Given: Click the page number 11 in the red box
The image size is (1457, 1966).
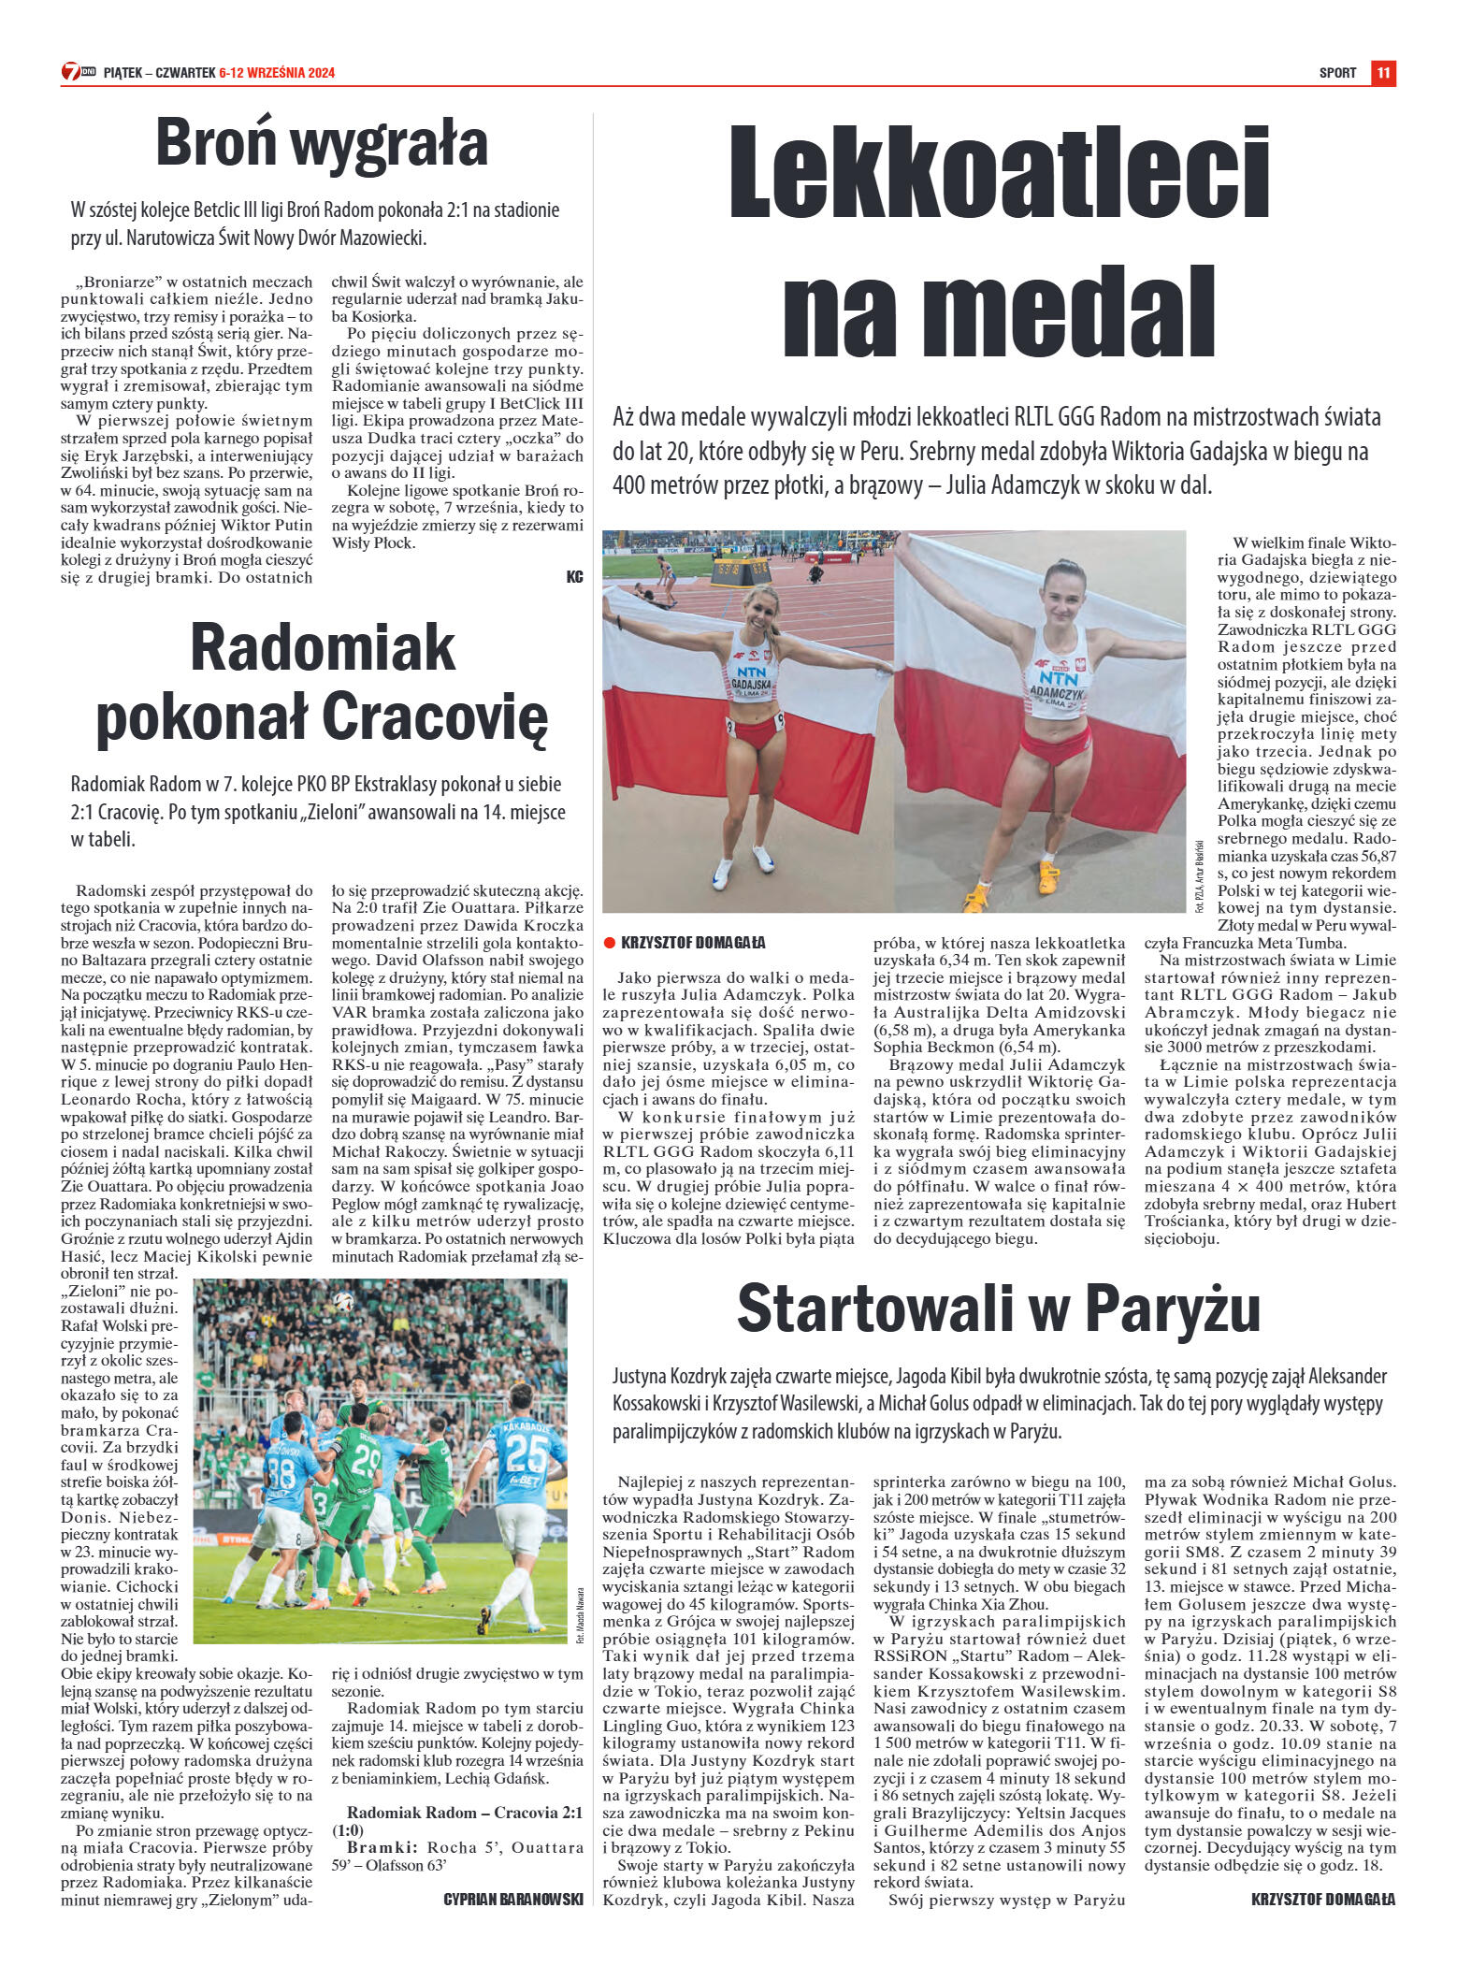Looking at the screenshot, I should tap(1383, 73).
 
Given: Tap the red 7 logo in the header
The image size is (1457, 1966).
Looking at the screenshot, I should tap(70, 72).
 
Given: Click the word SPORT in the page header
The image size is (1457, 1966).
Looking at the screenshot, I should tap(1337, 73).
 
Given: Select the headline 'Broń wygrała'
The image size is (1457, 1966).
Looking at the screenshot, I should tap(322, 143).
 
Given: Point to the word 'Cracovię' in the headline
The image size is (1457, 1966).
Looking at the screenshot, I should tap(435, 718).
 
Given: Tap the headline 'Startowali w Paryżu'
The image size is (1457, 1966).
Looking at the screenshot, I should tap(998, 1309).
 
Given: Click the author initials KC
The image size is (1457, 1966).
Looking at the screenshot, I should tap(574, 577).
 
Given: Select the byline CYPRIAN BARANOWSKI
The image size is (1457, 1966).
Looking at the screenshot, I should tap(512, 1900).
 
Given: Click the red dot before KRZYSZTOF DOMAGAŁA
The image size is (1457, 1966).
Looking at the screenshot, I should tap(609, 943).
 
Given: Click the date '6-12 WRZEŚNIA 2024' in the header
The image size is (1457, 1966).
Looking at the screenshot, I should tap(277, 73).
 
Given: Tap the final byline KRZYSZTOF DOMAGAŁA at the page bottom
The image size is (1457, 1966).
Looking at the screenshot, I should tap(1322, 1900).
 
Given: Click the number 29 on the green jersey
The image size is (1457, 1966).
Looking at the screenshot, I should tap(366, 1462).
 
